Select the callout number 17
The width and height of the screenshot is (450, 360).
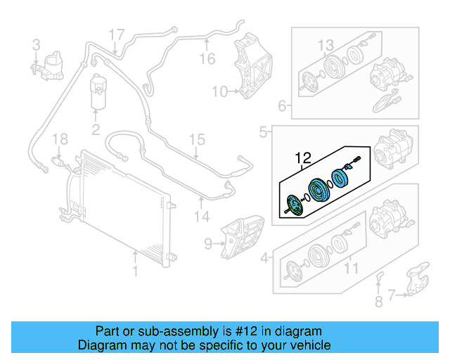pyautogui.click(x=116, y=34)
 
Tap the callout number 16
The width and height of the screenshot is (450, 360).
pyautogui.click(x=206, y=59)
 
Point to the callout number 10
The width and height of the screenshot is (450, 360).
pyautogui.click(x=219, y=91)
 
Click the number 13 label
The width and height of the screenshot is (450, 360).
pyautogui.click(x=325, y=46)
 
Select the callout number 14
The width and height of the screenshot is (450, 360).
pyautogui.click(x=202, y=217)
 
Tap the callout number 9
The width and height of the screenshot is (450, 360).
pyautogui.click(x=207, y=244)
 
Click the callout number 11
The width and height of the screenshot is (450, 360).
pyautogui.click(x=350, y=267)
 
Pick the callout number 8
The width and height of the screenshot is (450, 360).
pyautogui.click(x=378, y=304)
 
